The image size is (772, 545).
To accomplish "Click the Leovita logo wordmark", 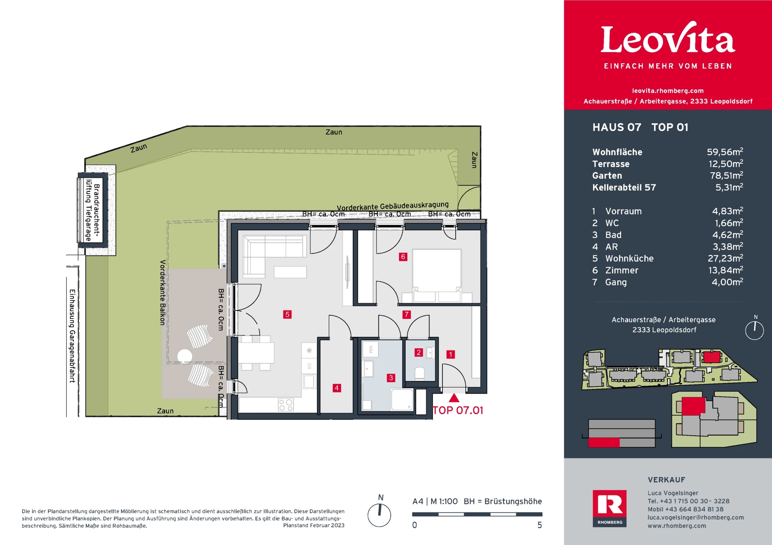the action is [x=668, y=38].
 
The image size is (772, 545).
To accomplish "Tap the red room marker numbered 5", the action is [x=287, y=314].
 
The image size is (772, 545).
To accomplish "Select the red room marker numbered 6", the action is [x=403, y=257].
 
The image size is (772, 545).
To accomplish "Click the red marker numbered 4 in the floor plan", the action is [x=337, y=388].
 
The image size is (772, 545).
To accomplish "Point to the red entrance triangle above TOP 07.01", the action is [x=454, y=398].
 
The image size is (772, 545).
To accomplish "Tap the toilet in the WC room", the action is [x=419, y=374].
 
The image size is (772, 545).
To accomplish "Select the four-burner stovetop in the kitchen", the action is [x=286, y=405].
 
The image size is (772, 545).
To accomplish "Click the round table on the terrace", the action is [x=185, y=356].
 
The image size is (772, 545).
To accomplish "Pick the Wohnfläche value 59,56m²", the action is [x=725, y=152].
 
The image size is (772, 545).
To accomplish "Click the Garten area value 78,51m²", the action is [x=726, y=176].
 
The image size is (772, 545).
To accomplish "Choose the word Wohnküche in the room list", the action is [x=629, y=259].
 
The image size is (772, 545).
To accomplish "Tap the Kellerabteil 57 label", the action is [x=624, y=188].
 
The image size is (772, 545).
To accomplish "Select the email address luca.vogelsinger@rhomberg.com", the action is [x=696, y=518].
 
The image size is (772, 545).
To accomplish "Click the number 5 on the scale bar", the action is [x=540, y=525].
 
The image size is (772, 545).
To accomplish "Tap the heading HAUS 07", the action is [x=617, y=127].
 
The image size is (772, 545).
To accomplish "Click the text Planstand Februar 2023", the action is [x=314, y=525].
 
